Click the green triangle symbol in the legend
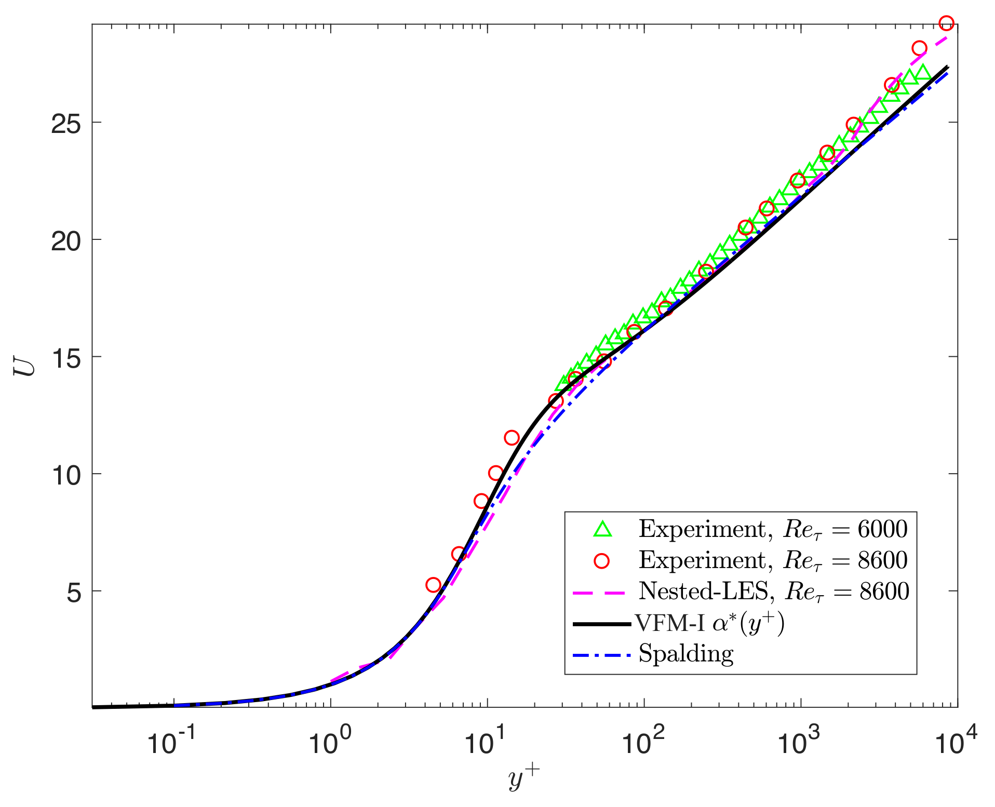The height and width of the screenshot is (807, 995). tap(602, 529)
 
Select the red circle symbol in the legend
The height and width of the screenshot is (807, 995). tap(602, 560)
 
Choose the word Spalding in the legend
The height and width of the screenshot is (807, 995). tap(685, 653)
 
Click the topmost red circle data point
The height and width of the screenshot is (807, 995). tap(946, 23)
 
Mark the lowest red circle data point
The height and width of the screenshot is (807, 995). tap(433, 585)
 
